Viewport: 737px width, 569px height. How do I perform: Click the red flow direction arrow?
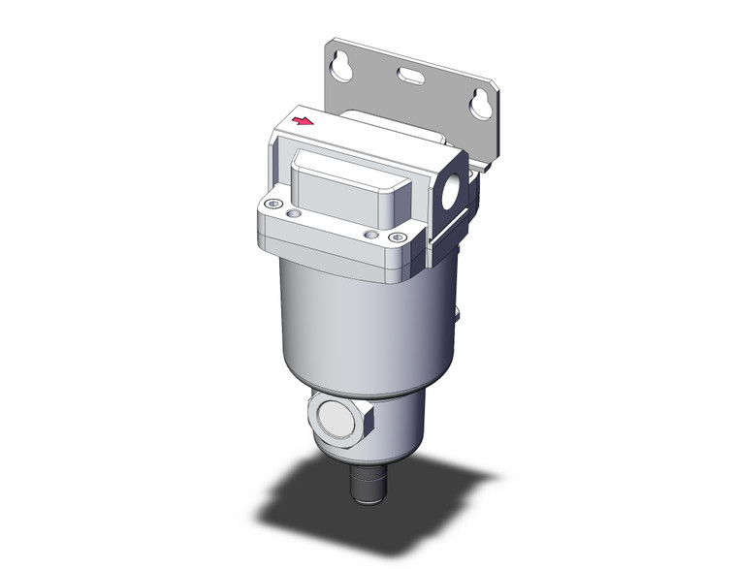click(x=304, y=122)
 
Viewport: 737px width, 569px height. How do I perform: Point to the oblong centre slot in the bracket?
click(x=408, y=74)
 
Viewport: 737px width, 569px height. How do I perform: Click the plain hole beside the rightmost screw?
click(x=369, y=233)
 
